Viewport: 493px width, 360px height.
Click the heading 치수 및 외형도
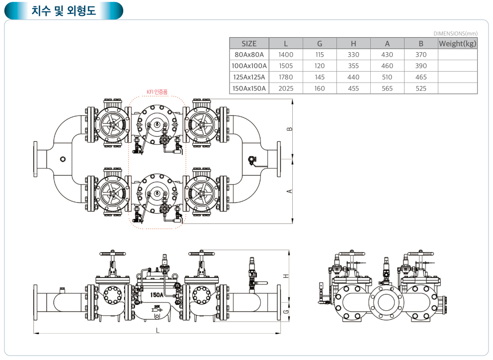coord(63,10)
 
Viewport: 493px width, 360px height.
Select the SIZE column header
coord(249,43)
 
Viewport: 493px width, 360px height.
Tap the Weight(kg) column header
coord(457,43)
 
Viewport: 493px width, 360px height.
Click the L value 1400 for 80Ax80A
coord(286,55)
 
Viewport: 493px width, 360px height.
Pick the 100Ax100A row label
coord(249,66)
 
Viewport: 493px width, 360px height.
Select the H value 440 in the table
coord(353,77)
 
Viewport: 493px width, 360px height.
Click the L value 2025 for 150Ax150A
coord(286,89)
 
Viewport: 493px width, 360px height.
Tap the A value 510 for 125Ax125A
coord(387,77)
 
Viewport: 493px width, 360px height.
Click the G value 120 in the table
coord(320,66)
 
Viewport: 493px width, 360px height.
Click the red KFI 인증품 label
coord(157,91)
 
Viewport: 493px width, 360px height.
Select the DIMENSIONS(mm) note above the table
coord(455,33)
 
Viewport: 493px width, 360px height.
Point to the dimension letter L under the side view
coord(158,330)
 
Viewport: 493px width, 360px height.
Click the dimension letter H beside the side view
coord(286,276)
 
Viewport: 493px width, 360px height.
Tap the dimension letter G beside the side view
coord(286,311)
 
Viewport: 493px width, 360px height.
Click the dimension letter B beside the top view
coord(290,128)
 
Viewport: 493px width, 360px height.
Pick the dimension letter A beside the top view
coord(290,191)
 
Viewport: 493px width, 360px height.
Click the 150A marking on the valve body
coord(158,294)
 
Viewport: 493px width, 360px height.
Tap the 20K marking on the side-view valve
coord(157,306)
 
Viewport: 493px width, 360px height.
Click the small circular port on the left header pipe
coord(62,159)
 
